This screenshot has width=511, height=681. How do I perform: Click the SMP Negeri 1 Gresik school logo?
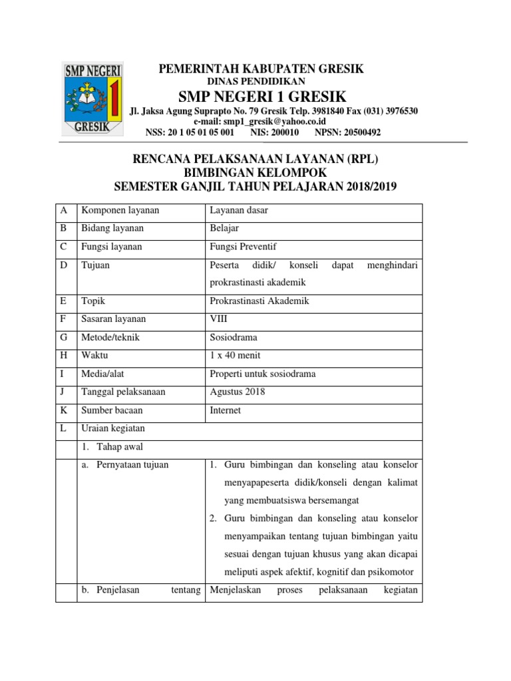point(92,100)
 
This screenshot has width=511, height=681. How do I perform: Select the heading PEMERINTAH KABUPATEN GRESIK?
point(260,69)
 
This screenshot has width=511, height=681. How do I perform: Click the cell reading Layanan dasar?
point(240,210)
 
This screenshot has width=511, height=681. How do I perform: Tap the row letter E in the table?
point(64,301)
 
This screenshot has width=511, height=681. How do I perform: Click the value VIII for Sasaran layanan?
point(218,319)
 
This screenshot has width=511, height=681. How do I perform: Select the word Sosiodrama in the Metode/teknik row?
point(233,337)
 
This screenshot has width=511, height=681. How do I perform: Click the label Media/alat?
point(104,374)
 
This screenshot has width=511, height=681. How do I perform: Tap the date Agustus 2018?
point(238,392)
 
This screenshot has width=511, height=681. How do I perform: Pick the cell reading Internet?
point(226,410)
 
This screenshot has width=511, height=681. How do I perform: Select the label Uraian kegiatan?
point(112,428)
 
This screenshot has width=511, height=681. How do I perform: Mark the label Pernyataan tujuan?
point(132,464)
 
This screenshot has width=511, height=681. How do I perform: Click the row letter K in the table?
point(64,410)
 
